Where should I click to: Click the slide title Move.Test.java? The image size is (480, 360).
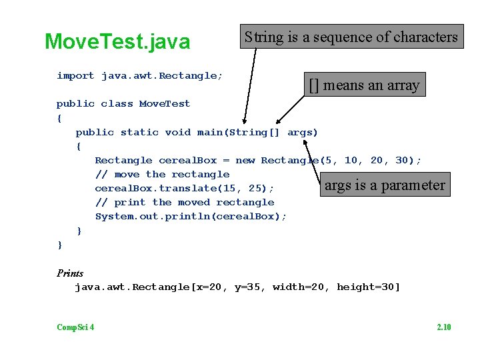(117, 42)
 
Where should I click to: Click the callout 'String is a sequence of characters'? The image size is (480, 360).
(351, 37)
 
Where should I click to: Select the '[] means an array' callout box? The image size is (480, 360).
(363, 85)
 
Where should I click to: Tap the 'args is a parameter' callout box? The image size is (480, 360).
(385, 185)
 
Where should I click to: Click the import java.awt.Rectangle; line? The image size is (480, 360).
(139, 76)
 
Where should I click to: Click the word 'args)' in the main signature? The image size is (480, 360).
(303, 132)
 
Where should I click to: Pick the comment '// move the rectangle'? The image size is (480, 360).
(162, 174)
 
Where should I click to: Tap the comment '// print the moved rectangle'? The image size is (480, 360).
(185, 202)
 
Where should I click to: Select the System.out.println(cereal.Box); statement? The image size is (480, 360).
(191, 216)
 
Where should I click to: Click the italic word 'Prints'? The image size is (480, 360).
(70, 273)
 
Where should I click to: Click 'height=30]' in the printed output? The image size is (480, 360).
(368, 287)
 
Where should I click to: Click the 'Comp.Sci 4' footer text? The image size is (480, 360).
(75, 327)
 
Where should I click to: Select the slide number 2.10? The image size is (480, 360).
(443, 327)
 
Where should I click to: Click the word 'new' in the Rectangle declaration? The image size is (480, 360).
(245, 160)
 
